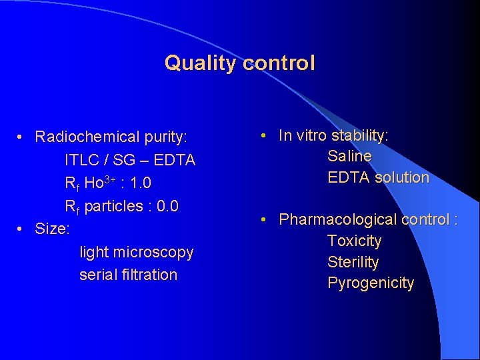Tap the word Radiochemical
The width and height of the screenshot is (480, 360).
tap(88, 137)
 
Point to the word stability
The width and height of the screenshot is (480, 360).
tap(359, 135)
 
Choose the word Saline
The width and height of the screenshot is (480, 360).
tap(349, 156)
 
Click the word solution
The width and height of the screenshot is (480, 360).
tap(402, 177)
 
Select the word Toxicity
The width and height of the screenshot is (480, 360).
tap(355, 241)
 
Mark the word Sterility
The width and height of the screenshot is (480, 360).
tap(353, 262)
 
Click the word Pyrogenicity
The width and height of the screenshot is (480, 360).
tap(371, 283)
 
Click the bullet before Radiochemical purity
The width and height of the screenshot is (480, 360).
tap(22, 137)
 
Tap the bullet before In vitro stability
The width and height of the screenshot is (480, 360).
tap(265, 135)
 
